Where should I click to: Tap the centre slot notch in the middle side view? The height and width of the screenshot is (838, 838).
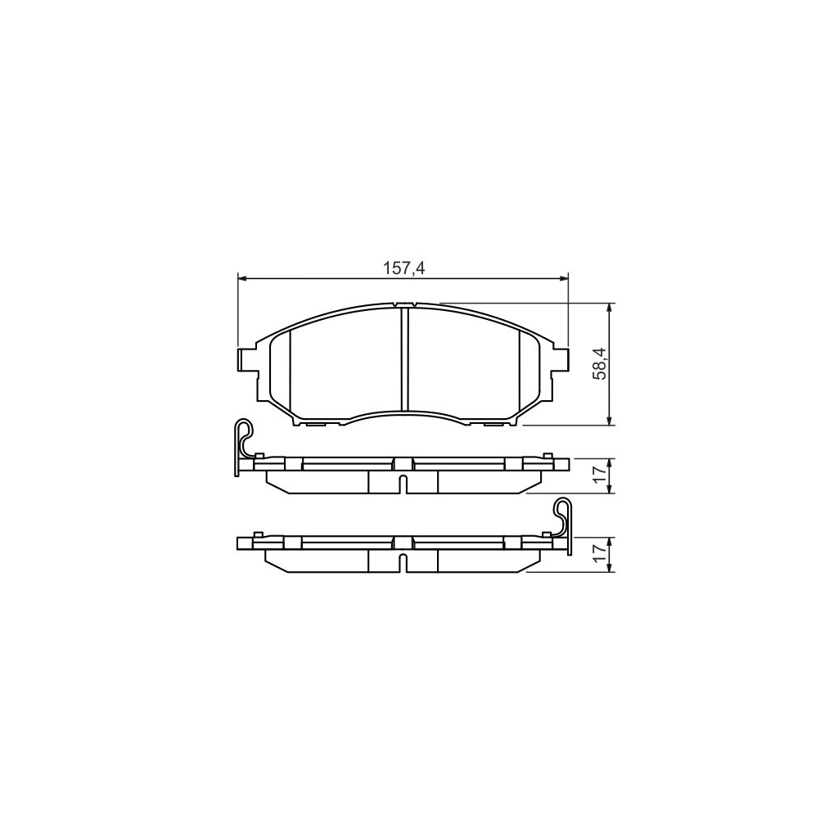click(403, 483)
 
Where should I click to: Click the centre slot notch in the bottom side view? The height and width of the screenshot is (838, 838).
click(403, 562)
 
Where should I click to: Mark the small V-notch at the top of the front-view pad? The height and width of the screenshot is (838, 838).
click(403, 305)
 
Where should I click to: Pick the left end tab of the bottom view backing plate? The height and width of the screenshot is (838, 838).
click(244, 543)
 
